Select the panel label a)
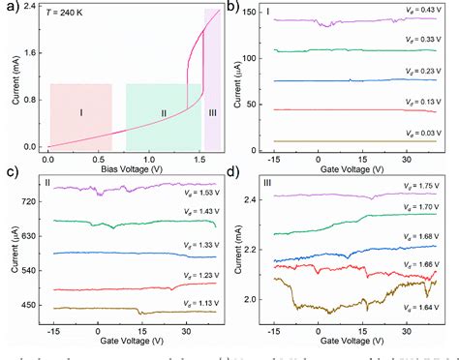point(12,8)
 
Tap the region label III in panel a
point(212,113)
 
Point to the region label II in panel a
point(164,113)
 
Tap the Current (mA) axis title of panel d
point(241,254)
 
